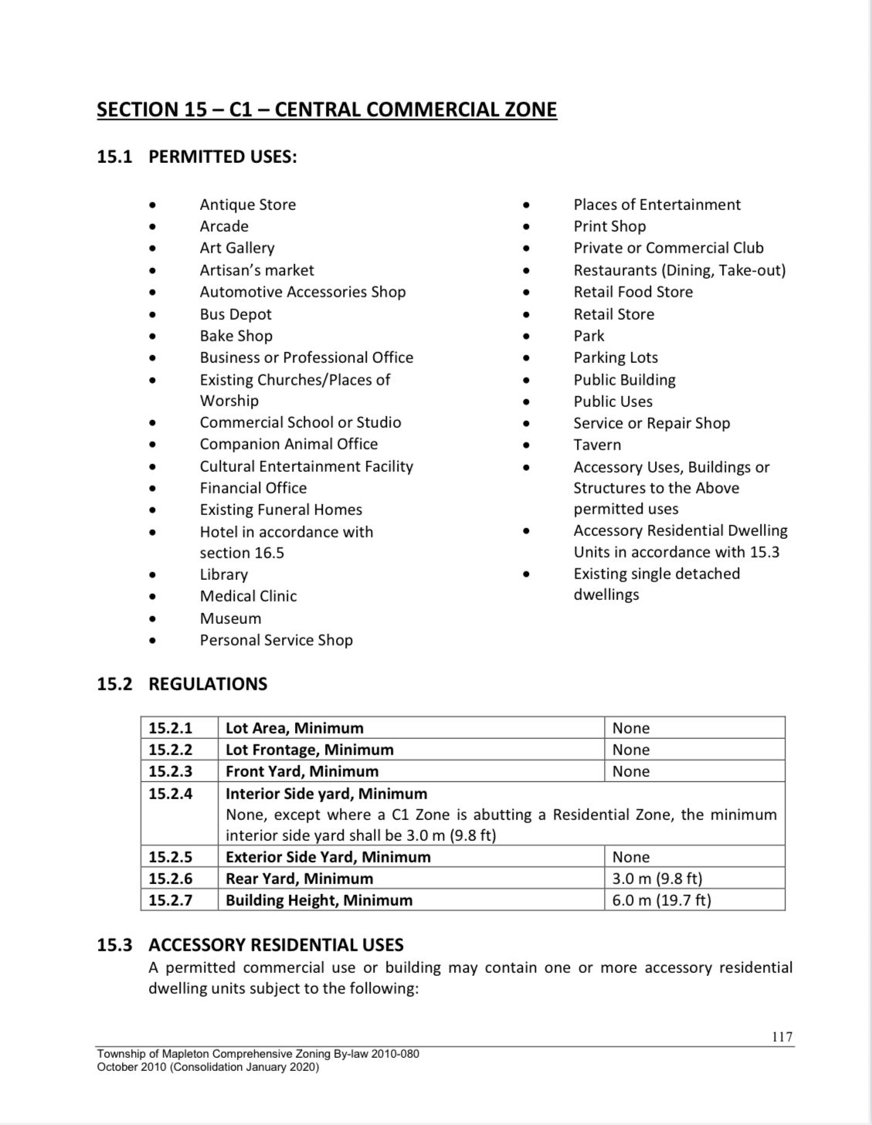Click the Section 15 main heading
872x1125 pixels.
pyautogui.click(x=327, y=109)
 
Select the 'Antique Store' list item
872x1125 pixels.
pyautogui.click(x=247, y=205)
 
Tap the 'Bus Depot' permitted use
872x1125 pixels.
pyautogui.click(x=236, y=314)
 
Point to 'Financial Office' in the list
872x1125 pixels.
pyautogui.click(x=253, y=488)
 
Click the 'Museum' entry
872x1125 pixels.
pyautogui.click(x=230, y=618)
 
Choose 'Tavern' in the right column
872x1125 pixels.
pyautogui.click(x=597, y=445)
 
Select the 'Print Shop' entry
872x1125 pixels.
pyautogui.click(x=609, y=226)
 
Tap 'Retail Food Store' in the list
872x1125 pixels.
pyautogui.click(x=633, y=292)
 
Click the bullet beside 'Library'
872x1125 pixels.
pyautogui.click(x=154, y=575)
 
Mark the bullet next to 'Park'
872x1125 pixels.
pyautogui.click(x=527, y=337)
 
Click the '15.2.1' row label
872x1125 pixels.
pyautogui.click(x=171, y=728)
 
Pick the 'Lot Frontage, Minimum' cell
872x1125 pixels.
pyautogui.click(x=309, y=750)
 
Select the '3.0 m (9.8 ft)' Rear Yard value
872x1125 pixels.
pyautogui.click(x=657, y=879)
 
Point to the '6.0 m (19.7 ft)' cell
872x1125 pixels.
pyautogui.click(x=661, y=900)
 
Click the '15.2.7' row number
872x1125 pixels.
pyautogui.click(x=171, y=900)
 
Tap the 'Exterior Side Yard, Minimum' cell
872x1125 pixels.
pyautogui.click(x=327, y=857)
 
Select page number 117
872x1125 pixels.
pyautogui.click(x=782, y=1037)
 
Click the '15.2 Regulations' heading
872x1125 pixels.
pyautogui.click(x=182, y=684)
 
